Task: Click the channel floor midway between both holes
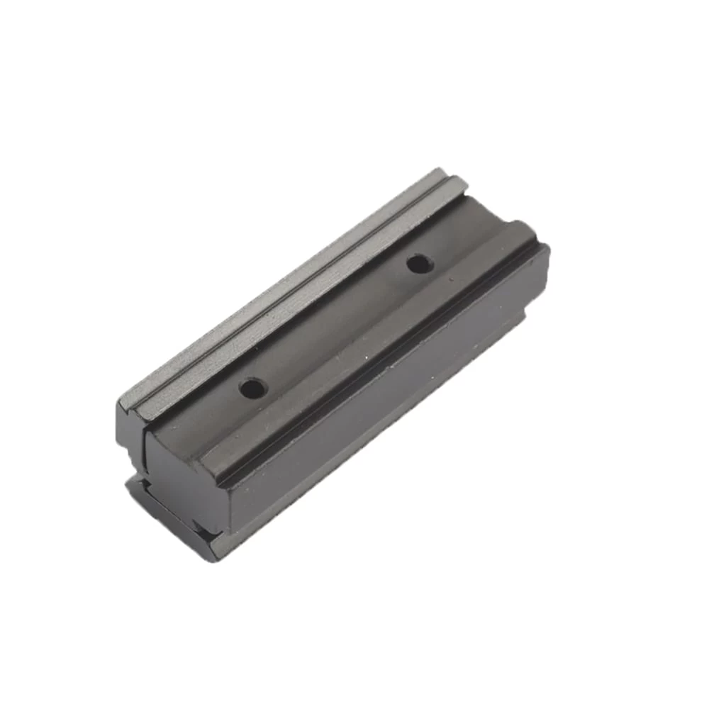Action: tap(333, 326)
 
